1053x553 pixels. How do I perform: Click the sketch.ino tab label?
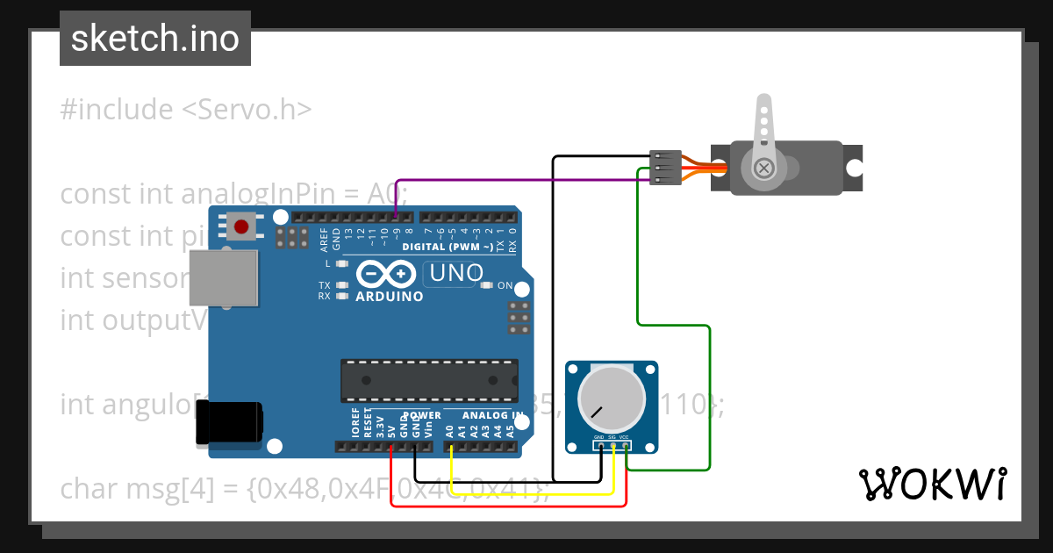coord(155,39)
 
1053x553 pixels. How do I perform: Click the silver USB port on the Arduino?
coord(225,278)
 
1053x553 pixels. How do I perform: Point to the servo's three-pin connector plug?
coord(665,168)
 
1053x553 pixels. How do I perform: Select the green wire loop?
coord(709,395)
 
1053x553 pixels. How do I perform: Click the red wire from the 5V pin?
coord(509,506)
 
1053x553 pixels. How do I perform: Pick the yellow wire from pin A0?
coord(526,493)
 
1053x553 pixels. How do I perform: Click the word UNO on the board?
coord(456,274)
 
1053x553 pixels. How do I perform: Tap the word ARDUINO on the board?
coord(389,297)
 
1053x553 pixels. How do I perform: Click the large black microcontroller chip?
coord(429,378)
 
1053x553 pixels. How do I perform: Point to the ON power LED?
coord(488,285)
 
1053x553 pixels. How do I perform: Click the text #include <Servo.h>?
coord(186,110)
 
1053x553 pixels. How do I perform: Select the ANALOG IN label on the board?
coord(492,415)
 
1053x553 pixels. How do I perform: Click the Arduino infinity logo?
coord(387,275)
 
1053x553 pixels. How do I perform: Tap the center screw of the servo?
coord(764,167)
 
